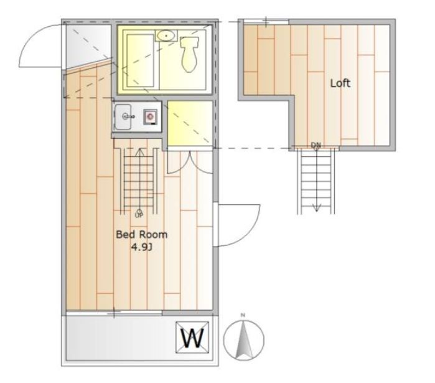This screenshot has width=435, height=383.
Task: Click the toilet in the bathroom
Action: coord(189,54)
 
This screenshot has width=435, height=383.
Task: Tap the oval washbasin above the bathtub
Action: coord(166,35)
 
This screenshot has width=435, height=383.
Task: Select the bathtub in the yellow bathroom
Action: coord(140,60)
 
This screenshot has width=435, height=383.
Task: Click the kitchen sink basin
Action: coord(123,117)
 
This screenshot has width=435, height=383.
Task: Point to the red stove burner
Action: coord(151,117)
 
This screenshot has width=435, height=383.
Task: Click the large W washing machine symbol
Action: coord(192,338)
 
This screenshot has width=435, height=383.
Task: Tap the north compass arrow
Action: coord(243,339)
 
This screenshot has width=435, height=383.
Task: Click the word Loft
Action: coord(340,83)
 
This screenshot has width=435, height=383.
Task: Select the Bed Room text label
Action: coord(141,235)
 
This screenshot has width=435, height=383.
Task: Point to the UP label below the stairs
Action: coord(139,215)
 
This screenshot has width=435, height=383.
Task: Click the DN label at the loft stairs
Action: coord(316,145)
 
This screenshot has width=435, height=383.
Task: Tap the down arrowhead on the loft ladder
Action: coord(317,208)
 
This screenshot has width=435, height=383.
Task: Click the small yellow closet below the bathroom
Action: coord(190,123)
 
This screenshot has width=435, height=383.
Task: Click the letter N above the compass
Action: coord(243,315)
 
